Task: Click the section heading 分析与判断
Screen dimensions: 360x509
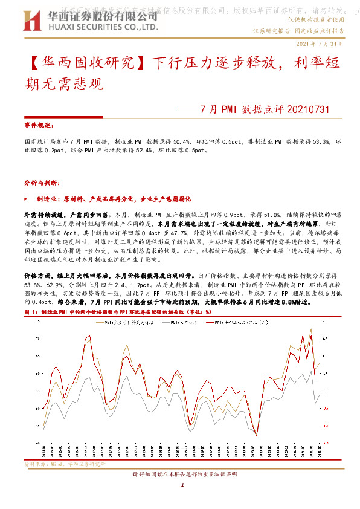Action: coord(40,182)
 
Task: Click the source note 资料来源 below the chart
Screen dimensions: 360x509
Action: coord(36,464)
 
